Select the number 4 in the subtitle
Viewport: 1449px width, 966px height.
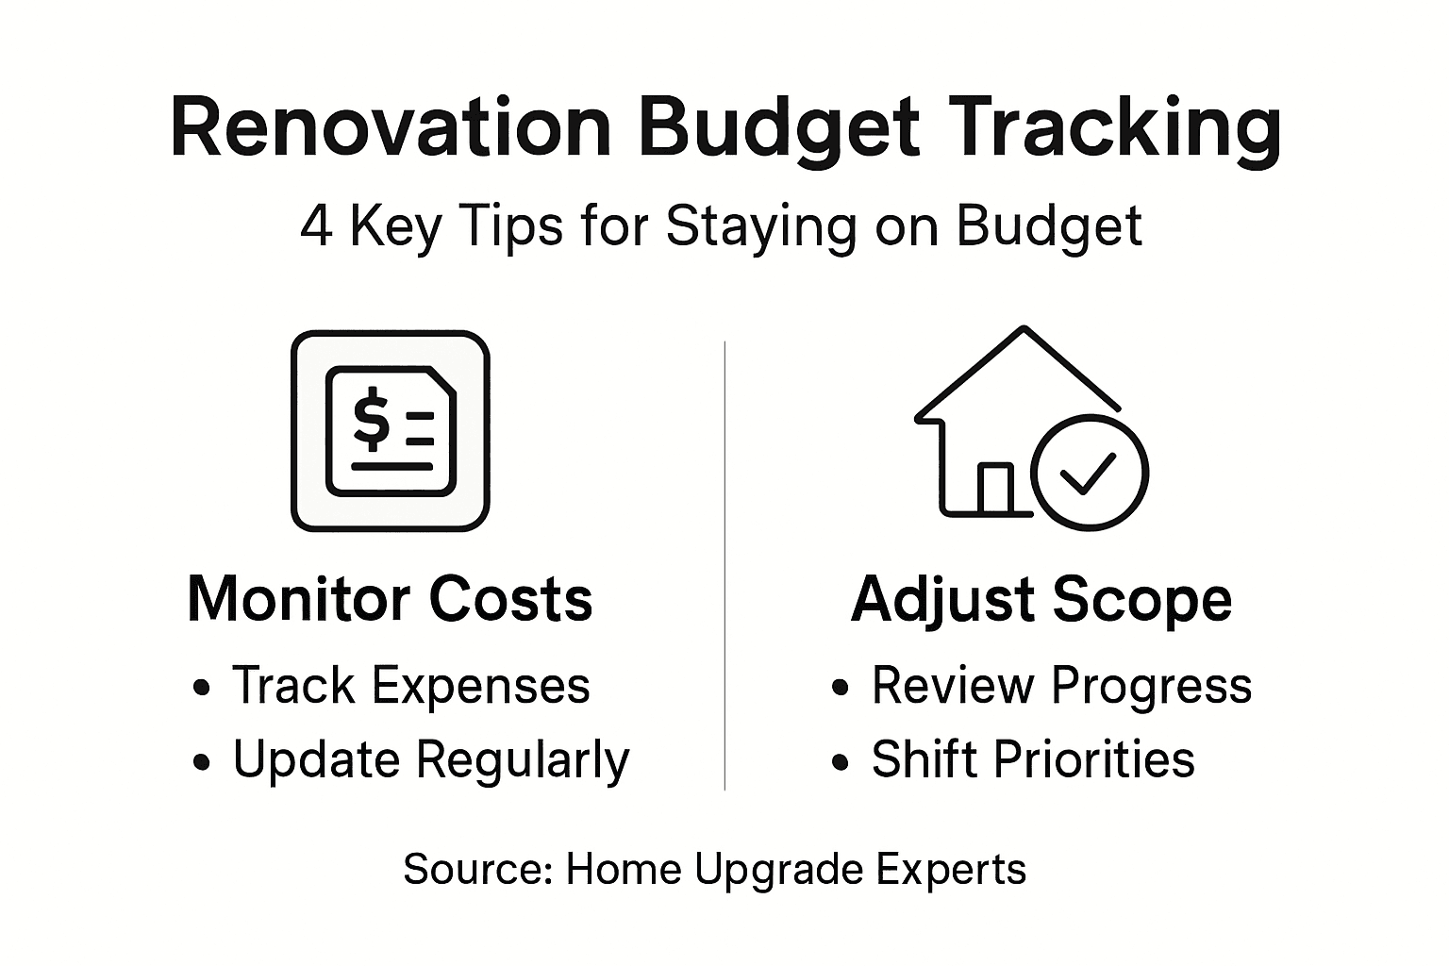click(316, 227)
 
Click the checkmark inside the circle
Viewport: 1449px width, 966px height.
click(1089, 473)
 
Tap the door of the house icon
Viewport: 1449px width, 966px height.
click(994, 489)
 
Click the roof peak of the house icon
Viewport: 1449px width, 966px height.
click(1024, 329)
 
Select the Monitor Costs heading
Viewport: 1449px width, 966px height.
click(390, 598)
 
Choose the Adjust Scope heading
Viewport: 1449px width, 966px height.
click(1041, 598)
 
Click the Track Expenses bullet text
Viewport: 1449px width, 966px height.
click(410, 685)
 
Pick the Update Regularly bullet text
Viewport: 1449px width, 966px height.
click(430, 760)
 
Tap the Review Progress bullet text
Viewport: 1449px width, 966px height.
click(1061, 685)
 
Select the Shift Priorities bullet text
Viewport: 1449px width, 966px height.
click(1033, 760)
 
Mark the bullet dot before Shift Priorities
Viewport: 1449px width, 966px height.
click(841, 763)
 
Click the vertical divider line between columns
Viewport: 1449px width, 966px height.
click(724, 566)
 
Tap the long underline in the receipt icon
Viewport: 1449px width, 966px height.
click(391, 465)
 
